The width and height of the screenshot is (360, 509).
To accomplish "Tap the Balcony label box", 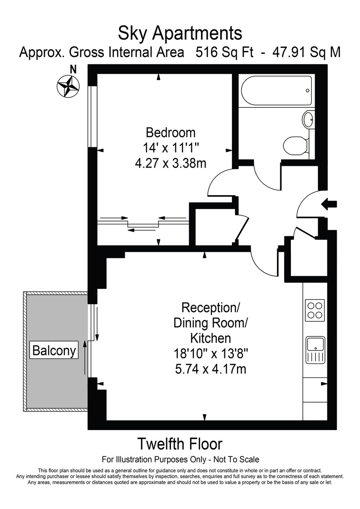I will click(x=55, y=351).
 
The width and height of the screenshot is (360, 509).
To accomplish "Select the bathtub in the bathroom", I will click(x=276, y=90).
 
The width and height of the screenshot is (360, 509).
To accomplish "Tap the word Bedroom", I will click(x=170, y=132).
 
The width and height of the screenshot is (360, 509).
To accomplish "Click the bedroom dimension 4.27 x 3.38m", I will click(x=170, y=162).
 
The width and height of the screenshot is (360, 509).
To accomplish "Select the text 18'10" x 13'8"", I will click(x=210, y=353).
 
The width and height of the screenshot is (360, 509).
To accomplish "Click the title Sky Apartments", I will click(x=180, y=33).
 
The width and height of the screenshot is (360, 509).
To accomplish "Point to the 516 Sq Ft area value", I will click(x=224, y=53).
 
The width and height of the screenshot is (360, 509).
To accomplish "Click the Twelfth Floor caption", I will click(x=180, y=444).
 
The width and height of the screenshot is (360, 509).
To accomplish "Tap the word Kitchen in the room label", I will click(x=210, y=338).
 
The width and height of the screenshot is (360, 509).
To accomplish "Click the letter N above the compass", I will click(x=73, y=69).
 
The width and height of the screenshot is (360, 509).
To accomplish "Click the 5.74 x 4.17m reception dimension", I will click(x=210, y=369).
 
